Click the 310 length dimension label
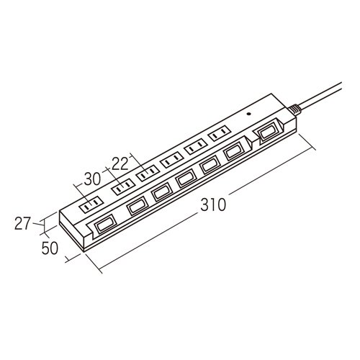point(213,204)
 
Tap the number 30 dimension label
point(92,179)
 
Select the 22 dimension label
point(120,164)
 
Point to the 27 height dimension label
point(23,223)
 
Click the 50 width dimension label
point(50,248)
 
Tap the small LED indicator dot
point(249,114)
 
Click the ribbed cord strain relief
point(294,109)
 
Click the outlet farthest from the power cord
point(91,204)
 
